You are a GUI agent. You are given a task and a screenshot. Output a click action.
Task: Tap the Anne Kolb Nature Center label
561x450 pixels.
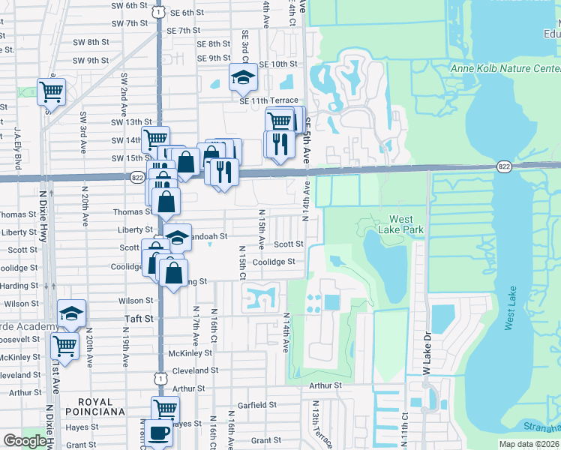click(504, 69)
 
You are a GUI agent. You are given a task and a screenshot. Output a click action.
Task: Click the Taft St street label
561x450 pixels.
click(138, 319)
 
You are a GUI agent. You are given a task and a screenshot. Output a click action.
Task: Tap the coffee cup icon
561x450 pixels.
click(159, 433)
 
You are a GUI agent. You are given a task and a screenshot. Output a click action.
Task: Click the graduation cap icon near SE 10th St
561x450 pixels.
click(242, 76)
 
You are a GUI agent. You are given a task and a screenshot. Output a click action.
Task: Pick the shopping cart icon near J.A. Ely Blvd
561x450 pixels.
click(51, 91)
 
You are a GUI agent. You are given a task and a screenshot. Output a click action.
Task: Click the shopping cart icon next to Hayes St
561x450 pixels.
click(165, 409)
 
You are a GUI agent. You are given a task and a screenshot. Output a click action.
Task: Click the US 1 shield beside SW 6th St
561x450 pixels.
click(157, 11)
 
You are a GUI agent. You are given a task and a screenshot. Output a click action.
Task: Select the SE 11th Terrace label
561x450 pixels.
click(268, 100)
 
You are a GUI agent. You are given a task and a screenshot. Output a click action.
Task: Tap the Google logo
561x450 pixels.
click(25, 441)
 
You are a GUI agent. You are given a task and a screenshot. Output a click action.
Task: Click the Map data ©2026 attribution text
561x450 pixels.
click(529, 444)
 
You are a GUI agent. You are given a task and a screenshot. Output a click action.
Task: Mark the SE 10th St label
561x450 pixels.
click(278, 64)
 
